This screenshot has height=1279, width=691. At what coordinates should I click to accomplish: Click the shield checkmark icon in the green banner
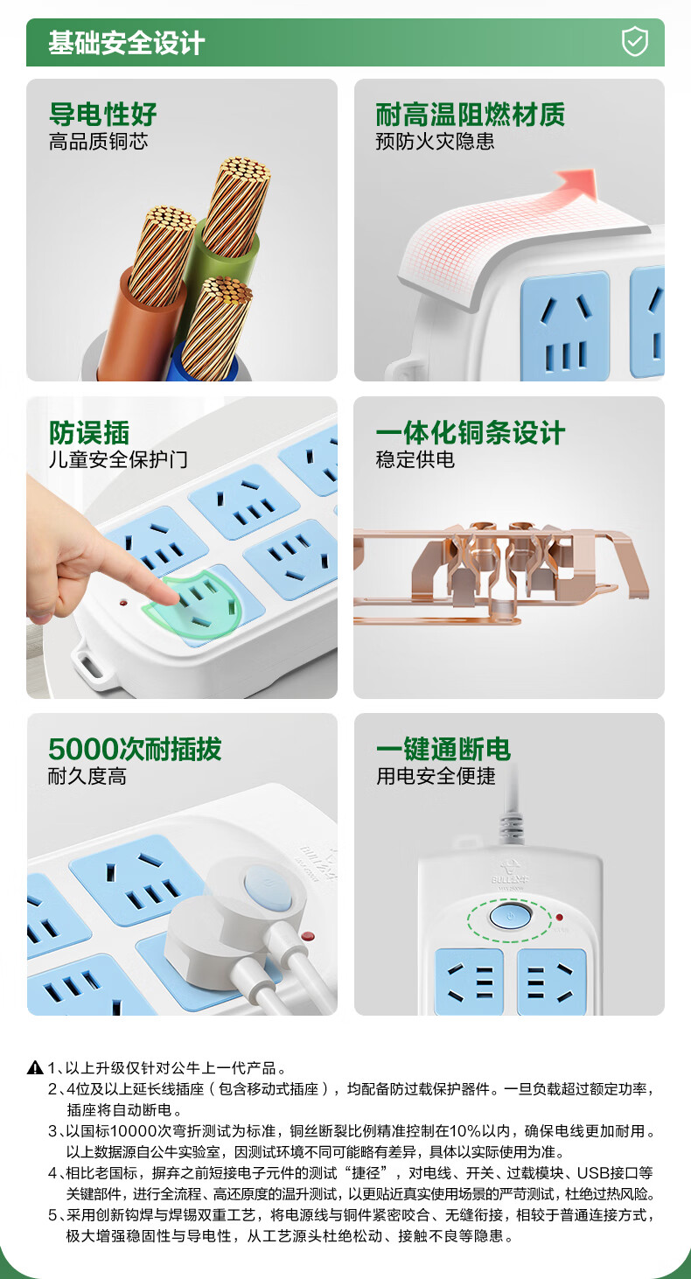point(634,42)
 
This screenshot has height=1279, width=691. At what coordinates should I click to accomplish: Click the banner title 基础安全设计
point(126,43)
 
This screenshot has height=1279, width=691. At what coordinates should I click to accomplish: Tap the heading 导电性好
point(103,115)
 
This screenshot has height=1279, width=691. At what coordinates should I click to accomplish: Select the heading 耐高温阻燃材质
point(470,115)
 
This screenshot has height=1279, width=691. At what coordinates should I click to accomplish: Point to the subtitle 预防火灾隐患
point(435,141)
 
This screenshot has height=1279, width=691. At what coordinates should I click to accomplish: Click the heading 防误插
point(89,432)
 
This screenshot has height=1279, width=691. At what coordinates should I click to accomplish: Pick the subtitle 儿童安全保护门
point(118,459)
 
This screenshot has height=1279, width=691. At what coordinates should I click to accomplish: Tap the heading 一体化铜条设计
point(470,432)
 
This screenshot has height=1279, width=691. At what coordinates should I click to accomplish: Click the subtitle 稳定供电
point(415,459)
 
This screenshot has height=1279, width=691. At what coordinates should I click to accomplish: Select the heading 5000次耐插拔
point(135,749)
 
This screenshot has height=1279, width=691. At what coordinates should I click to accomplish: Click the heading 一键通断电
point(443,749)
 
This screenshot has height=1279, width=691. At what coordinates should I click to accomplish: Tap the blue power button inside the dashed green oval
point(510,917)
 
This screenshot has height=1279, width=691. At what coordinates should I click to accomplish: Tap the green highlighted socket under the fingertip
point(194,606)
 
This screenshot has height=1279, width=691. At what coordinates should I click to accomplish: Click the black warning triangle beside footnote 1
point(35,1067)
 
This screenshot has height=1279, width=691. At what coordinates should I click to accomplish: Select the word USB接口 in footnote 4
point(615,1173)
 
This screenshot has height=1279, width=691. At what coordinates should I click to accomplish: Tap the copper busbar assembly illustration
point(500,571)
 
